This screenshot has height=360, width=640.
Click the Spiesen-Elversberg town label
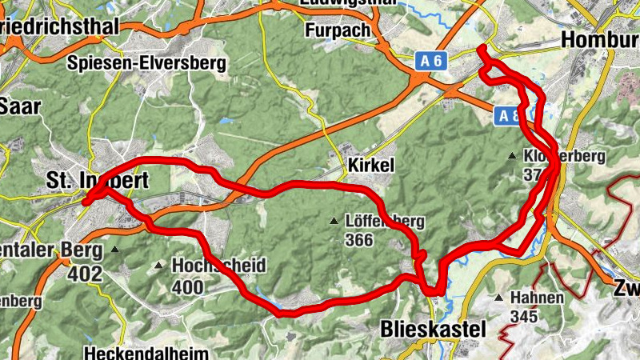click(x=147, y=62)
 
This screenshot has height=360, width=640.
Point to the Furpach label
click(x=338, y=30)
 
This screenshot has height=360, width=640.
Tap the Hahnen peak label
click(x=537, y=298)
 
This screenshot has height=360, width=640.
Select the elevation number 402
click(x=86, y=274)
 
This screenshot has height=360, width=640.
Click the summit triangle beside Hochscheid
click(x=160, y=265)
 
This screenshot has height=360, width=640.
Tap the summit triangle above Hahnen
click(x=499, y=298)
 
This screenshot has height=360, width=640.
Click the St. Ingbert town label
click(x=97, y=181)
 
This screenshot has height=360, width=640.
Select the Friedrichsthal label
click(x=60, y=26)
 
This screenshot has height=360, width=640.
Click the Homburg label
click(x=601, y=38)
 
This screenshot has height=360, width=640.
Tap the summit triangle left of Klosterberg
click(x=513, y=155)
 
